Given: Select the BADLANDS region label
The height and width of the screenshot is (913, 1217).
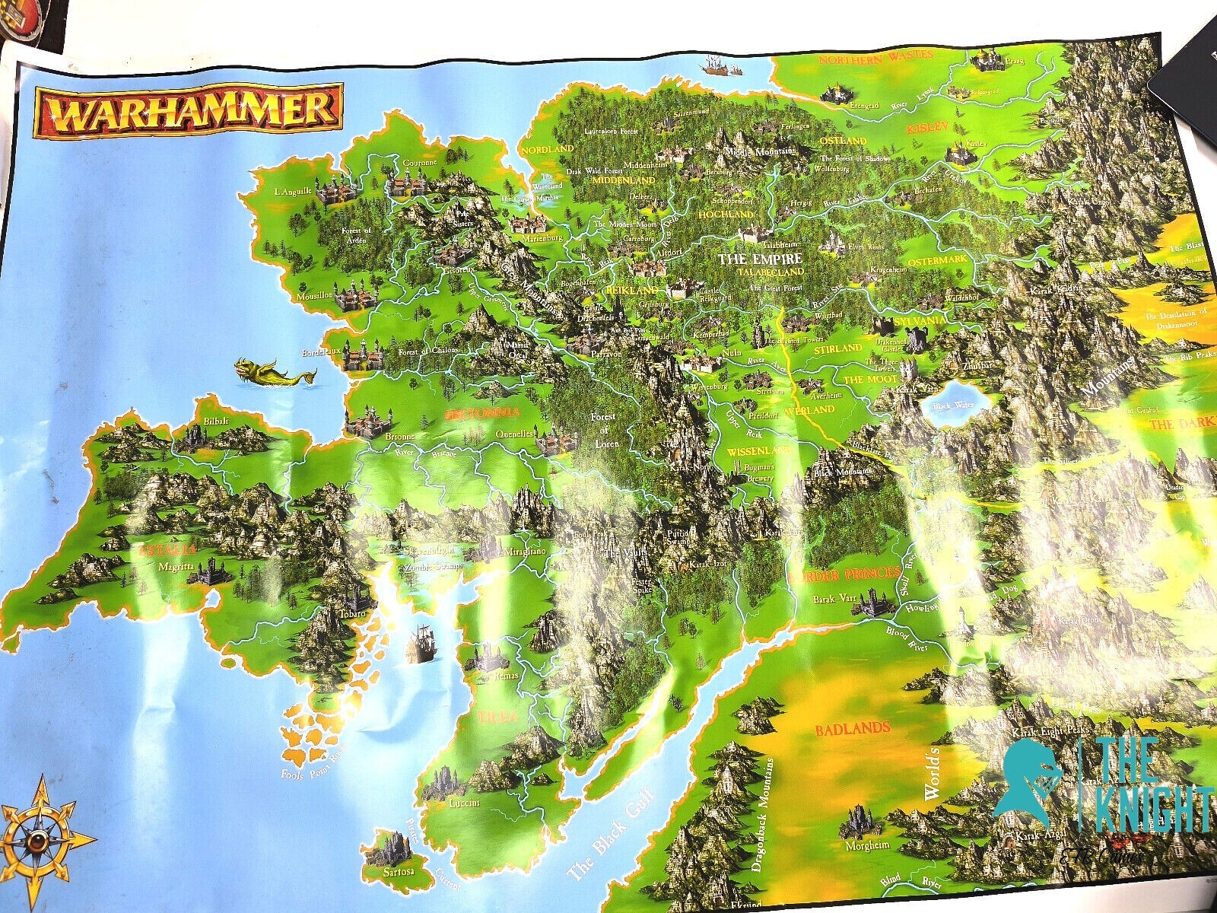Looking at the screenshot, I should tap(852, 729).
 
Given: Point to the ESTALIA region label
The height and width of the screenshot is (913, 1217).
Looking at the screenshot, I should tap(163, 548).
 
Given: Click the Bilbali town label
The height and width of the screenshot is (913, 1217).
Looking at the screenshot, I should tap(208, 419).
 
